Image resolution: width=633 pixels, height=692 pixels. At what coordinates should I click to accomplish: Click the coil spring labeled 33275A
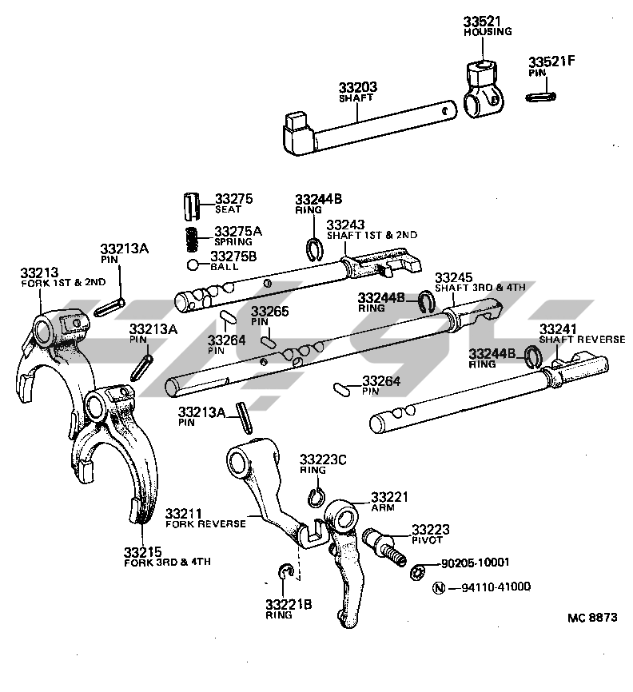tap(193, 238)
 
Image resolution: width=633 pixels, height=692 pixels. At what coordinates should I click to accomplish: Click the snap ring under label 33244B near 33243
tap(314, 249)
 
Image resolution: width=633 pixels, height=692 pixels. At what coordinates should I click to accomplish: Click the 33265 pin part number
tap(271, 312)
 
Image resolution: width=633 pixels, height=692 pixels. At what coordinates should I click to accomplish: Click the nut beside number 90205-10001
tap(416, 572)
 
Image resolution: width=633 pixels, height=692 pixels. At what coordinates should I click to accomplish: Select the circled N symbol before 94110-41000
tap(438, 588)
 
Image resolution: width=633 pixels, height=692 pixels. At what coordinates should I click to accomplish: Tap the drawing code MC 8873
tap(592, 617)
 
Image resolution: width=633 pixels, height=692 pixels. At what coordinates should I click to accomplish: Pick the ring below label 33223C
tap(316, 497)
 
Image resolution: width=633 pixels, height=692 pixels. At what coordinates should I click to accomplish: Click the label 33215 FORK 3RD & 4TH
tap(167, 556)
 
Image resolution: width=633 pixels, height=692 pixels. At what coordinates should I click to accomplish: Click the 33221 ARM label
tap(390, 502)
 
